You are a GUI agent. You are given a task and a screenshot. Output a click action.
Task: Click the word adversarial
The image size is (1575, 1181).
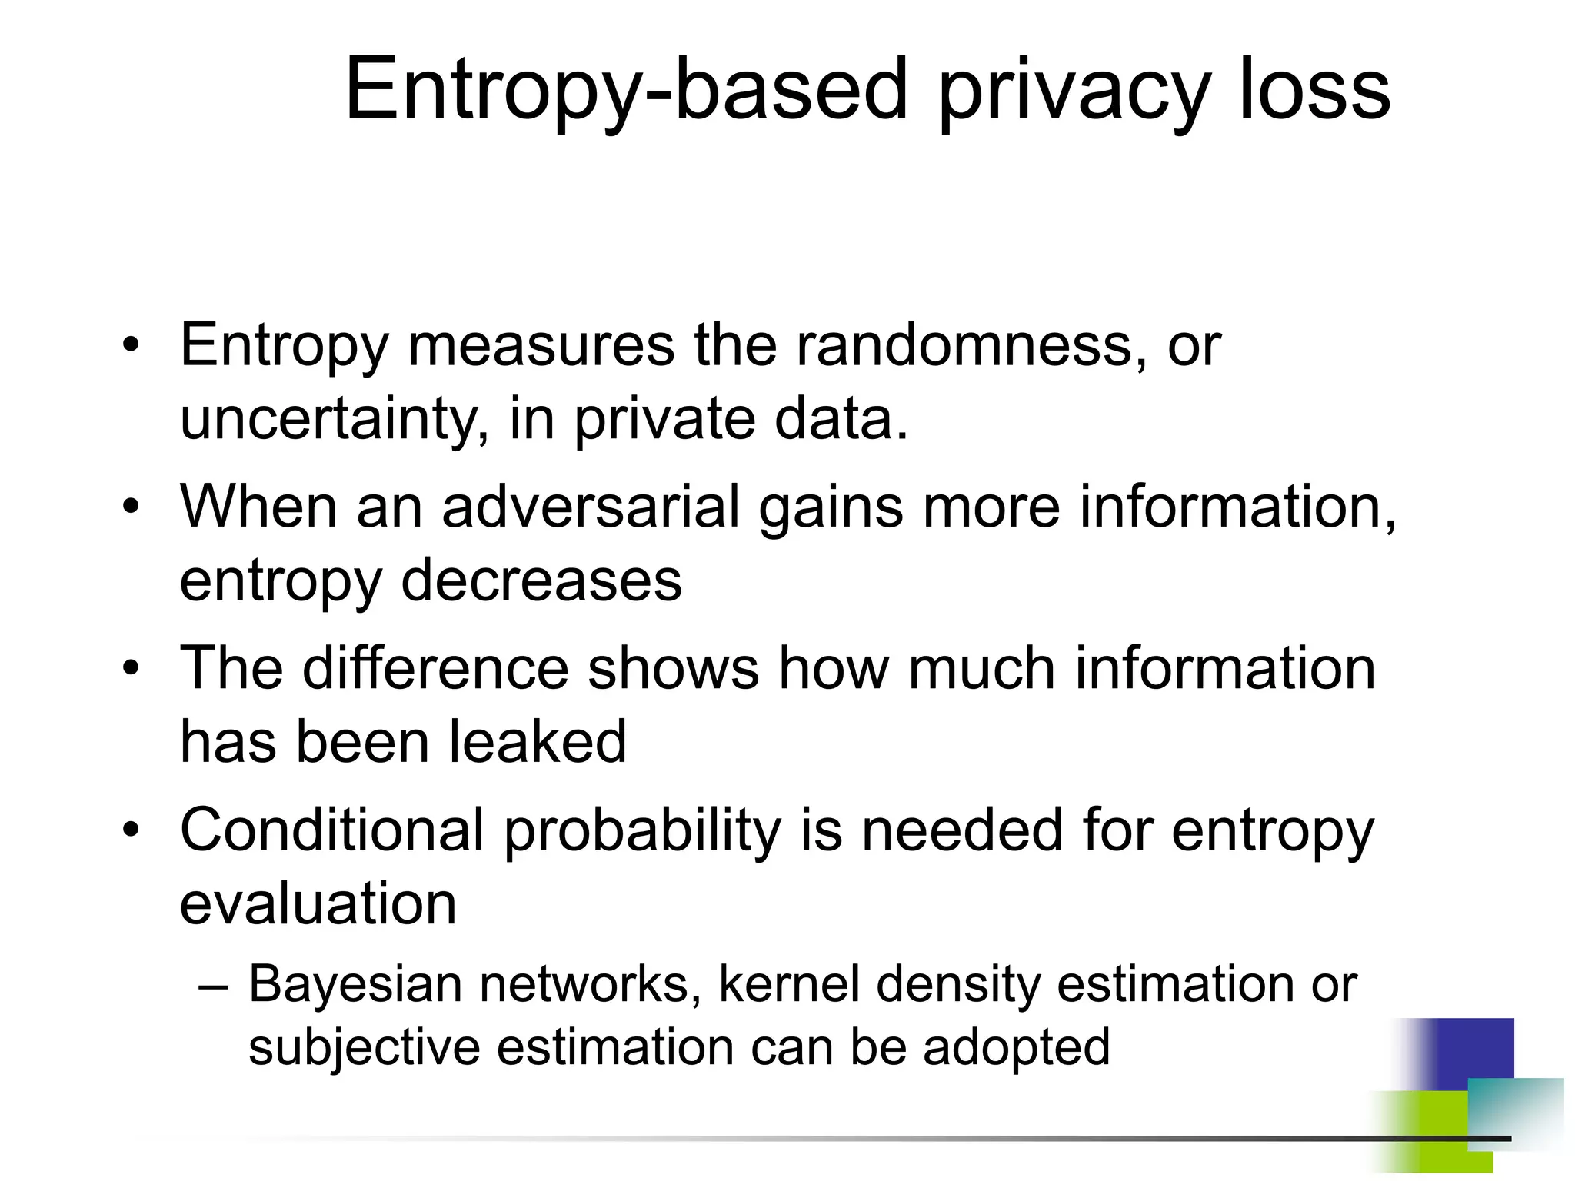click(591, 507)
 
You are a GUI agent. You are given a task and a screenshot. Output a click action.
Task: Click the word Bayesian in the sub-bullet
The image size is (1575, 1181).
click(355, 984)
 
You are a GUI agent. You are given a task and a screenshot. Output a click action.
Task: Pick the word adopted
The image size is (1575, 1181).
click(1016, 1047)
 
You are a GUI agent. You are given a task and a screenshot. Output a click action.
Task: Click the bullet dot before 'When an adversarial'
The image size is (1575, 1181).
click(132, 507)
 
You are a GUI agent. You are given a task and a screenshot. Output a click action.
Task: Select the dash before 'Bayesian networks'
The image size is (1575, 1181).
click(213, 986)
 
